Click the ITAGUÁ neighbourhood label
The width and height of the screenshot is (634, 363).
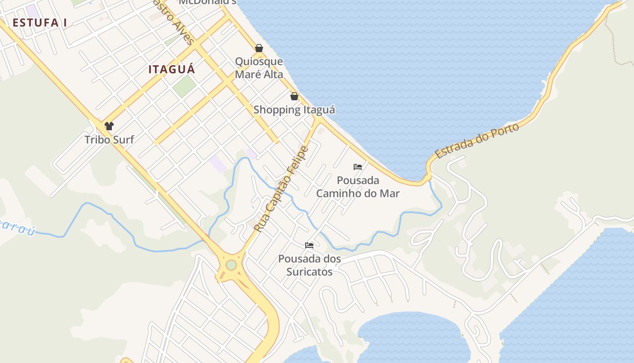pyautogui.click(x=172, y=69)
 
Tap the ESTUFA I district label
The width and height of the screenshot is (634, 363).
pyautogui.click(x=40, y=23)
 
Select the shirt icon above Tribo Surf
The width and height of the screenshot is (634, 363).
pyautogui.click(x=109, y=126)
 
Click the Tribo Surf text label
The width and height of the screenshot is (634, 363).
pyautogui.click(x=109, y=140)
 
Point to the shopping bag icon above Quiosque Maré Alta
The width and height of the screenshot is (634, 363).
pyautogui.click(x=259, y=48)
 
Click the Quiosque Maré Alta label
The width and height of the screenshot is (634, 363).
pyautogui.click(x=259, y=68)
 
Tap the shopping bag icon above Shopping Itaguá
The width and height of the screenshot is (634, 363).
pyautogui.click(x=294, y=96)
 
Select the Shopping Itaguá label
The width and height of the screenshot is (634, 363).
pyautogui.click(x=294, y=110)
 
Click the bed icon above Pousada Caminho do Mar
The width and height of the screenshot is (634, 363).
pyautogui.click(x=358, y=167)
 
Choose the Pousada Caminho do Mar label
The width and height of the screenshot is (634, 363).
pyautogui.click(x=358, y=187)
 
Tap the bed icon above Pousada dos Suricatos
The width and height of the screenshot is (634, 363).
pyautogui.click(x=309, y=245)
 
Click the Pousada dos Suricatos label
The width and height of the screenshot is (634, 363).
pyautogui.click(x=309, y=265)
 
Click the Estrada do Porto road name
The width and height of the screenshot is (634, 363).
pyautogui.click(x=477, y=141)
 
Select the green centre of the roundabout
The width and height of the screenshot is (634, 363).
pyautogui.click(x=231, y=265)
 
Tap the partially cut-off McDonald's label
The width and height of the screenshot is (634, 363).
pyautogui.click(x=207, y=2)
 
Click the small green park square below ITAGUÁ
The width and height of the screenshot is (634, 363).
pyautogui.click(x=184, y=86)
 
